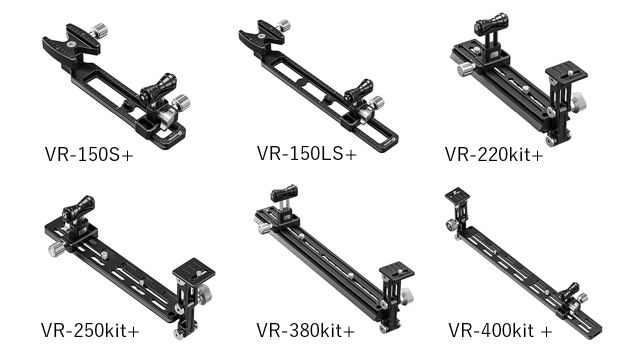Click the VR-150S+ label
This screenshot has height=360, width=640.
coord(89,154)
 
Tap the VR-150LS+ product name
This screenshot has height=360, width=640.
coord(307,153)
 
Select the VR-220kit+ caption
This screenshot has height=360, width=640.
coord(494,154)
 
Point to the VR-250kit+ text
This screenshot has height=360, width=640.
coord(90,330)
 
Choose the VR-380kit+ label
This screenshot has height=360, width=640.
coord(305,330)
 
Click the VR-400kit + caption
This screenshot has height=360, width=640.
coord(500,330)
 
